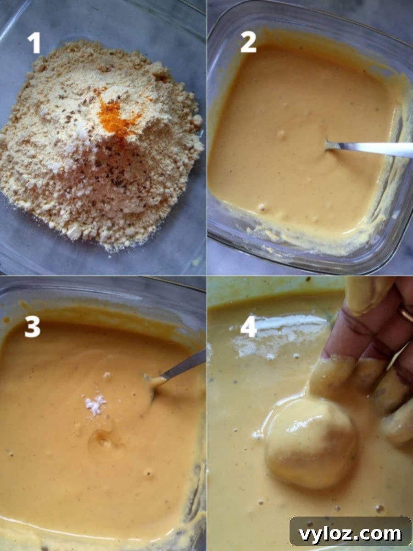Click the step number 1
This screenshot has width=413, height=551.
tap(34, 43)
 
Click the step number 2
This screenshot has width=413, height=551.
tap(248, 43)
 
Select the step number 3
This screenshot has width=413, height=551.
tap(33, 327)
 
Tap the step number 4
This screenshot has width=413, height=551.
tap(248, 327)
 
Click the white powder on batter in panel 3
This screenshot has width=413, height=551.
tap(95, 405)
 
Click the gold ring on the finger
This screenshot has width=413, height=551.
tap(406, 314)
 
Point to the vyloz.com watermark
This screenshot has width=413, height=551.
tap(350, 534)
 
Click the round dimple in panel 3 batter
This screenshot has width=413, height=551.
tap(103, 441)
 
